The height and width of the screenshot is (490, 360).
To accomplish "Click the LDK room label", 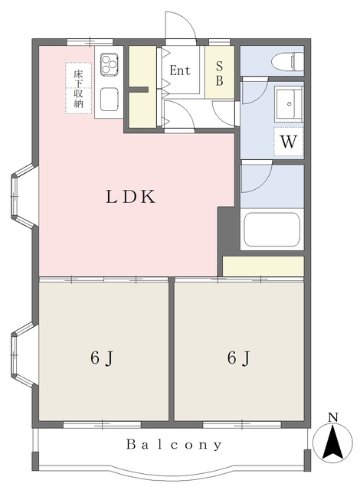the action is point(130,197).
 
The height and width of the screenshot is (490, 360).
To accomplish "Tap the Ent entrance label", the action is point(180,70).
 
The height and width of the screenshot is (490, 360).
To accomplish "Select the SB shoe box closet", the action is point(220,72).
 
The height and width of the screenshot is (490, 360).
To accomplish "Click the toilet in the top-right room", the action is point(288,61).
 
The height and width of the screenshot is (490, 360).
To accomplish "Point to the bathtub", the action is point(272,230).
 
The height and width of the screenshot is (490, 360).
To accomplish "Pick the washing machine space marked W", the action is point(289,142).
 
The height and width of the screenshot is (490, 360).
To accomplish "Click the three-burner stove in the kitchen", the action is point(110,64).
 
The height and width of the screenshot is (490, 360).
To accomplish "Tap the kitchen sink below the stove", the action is point(110,99).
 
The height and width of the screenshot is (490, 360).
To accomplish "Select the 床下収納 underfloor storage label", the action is point(78,89).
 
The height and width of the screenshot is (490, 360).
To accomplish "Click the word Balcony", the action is point(174,444).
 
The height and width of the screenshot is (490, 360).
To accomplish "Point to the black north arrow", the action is point(333,441).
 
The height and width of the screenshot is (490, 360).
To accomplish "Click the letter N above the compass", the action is point(333,417).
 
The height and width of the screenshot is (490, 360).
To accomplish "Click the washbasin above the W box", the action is point(289,104).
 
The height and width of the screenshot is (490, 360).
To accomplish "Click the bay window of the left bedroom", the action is point(25,354).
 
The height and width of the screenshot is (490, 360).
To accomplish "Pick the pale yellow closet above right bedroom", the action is point(263,266).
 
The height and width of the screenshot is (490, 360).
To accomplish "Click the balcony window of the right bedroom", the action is point(242,424).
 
